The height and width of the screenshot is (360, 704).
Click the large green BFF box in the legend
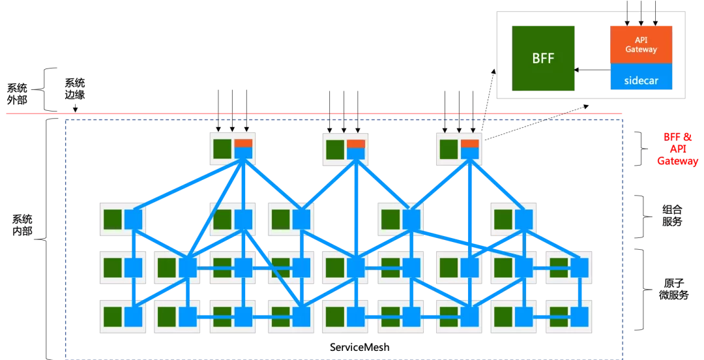click(543, 58)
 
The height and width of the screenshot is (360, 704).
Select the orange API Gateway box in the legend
click(641, 44)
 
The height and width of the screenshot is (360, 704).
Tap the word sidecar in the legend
click(641, 82)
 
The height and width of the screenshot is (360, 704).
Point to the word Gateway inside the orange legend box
click(641, 50)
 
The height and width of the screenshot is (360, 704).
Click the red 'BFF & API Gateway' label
click(677, 149)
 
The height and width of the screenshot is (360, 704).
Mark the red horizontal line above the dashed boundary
click(313, 113)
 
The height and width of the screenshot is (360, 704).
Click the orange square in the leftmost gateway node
click(243, 143)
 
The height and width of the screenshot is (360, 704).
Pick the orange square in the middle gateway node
click(356, 143)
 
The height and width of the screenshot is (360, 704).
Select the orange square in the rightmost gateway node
click(469, 143)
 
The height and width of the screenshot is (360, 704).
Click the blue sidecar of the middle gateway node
click(356, 154)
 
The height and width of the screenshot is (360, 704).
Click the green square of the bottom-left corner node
click(113, 317)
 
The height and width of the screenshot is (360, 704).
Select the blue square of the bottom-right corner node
click(579, 317)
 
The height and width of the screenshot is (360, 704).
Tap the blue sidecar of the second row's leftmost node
click(133, 219)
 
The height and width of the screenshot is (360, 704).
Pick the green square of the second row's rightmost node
click(503, 219)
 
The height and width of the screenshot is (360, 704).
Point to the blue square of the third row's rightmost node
click(579, 267)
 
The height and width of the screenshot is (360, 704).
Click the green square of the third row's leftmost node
click(113, 267)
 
